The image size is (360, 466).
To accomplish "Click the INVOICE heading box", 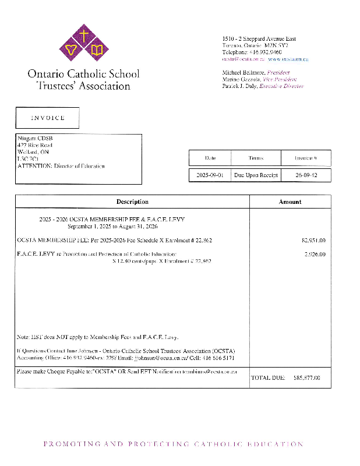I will click(47, 118).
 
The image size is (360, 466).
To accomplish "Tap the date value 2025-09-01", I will click(210, 175).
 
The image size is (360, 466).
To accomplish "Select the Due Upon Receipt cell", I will click(256, 175).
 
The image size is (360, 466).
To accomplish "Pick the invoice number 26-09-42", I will click(306, 175).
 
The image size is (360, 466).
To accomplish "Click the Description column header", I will click(132, 202).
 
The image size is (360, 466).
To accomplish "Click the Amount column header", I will click(290, 202).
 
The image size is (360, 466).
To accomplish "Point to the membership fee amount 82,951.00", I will click(313, 240).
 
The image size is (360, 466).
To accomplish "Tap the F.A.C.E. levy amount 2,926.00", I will click(315, 254).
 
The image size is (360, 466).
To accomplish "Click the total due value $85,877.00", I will click(307, 378).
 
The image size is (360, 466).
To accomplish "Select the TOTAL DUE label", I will click(268, 378).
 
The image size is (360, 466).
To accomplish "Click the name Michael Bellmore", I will click(240, 72).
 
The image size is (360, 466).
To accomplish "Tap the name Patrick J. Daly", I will click(239, 86).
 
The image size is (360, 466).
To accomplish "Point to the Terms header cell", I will click(256, 158).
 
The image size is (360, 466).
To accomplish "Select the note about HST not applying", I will click(97, 337).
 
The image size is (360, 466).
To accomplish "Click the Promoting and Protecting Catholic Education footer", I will click(174, 444).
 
